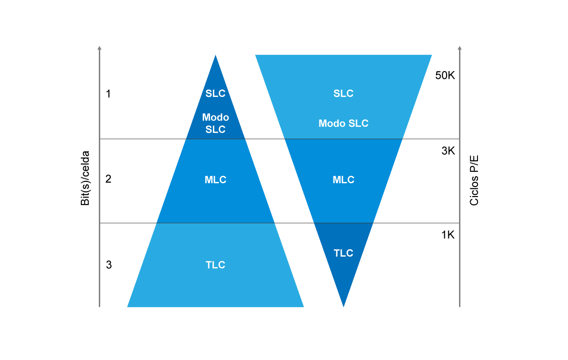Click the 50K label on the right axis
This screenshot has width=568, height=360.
pyautogui.click(x=445, y=75)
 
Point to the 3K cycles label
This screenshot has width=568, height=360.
pyautogui.click(x=448, y=151)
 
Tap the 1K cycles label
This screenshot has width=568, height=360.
pyautogui.click(x=448, y=235)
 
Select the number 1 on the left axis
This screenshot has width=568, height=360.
pyautogui.click(x=108, y=94)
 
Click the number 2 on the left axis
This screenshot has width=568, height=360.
pyautogui.click(x=108, y=179)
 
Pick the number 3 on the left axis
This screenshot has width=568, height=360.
pyautogui.click(x=109, y=264)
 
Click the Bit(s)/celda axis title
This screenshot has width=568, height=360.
pyautogui.click(x=85, y=178)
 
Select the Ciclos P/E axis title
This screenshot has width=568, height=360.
pyautogui.click(x=474, y=180)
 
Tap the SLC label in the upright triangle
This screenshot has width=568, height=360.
pyautogui.click(x=215, y=93)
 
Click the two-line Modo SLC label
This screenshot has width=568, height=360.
pyautogui.click(x=216, y=124)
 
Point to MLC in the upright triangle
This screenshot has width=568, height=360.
pyautogui.click(x=216, y=180)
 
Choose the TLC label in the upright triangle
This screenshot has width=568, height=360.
pyautogui.click(x=215, y=265)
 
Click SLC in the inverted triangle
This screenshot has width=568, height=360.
pyautogui.click(x=343, y=93)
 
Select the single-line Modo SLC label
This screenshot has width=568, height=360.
pyautogui.click(x=343, y=124)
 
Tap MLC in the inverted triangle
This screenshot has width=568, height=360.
pyautogui.click(x=343, y=180)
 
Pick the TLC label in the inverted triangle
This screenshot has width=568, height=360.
pyautogui.click(x=343, y=253)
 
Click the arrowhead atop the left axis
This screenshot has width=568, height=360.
pyautogui.click(x=99, y=48)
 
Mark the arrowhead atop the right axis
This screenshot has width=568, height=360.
pyautogui.click(x=459, y=48)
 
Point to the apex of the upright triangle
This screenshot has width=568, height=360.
pyautogui.click(x=216, y=55)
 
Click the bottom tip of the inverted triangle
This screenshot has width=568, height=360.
pyautogui.click(x=343, y=307)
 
